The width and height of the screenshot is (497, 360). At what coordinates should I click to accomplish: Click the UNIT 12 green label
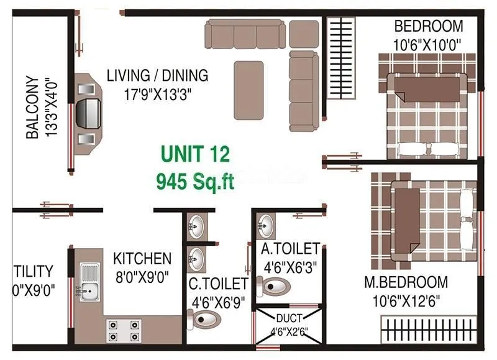point(196,153)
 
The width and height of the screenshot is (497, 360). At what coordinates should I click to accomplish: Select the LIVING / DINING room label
point(157,76)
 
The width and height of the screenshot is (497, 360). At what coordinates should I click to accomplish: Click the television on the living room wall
point(87,113)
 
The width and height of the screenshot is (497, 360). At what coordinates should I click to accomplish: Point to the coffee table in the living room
point(248,90)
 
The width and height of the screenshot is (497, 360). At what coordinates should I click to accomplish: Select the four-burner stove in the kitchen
point(124,330)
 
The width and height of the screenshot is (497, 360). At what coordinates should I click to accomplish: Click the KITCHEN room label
point(142,258)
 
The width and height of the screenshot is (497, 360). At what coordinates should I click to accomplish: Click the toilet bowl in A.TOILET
point(276,287)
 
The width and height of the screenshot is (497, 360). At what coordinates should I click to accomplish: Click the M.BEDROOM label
point(406,282)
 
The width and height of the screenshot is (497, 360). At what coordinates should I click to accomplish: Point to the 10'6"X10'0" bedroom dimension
point(429,45)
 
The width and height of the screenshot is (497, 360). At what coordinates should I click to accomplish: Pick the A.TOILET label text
point(290,249)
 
